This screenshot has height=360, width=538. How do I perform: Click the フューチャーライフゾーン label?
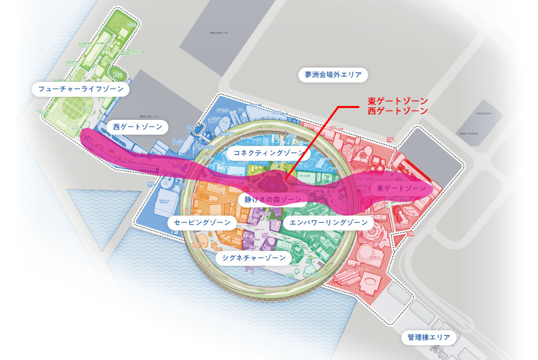pyautogui.click(x=81, y=89)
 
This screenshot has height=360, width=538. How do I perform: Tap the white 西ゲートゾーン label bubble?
pyautogui.click(x=138, y=126)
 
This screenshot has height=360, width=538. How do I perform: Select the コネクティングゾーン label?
pyautogui.click(x=269, y=153)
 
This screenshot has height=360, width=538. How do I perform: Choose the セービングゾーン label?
pyautogui.click(x=202, y=223)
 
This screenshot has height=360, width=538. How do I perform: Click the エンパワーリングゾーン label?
pyautogui.click(x=328, y=223)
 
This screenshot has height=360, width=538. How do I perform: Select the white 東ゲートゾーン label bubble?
pyautogui.click(x=401, y=188)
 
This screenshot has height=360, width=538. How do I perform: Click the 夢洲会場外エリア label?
pyautogui.click(x=333, y=75)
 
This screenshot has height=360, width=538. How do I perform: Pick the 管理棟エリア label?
pyautogui.click(x=429, y=337)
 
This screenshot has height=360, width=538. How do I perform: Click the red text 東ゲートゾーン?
pyautogui.click(x=397, y=100)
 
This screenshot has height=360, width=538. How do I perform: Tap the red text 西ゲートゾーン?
pyautogui.click(x=397, y=110)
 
